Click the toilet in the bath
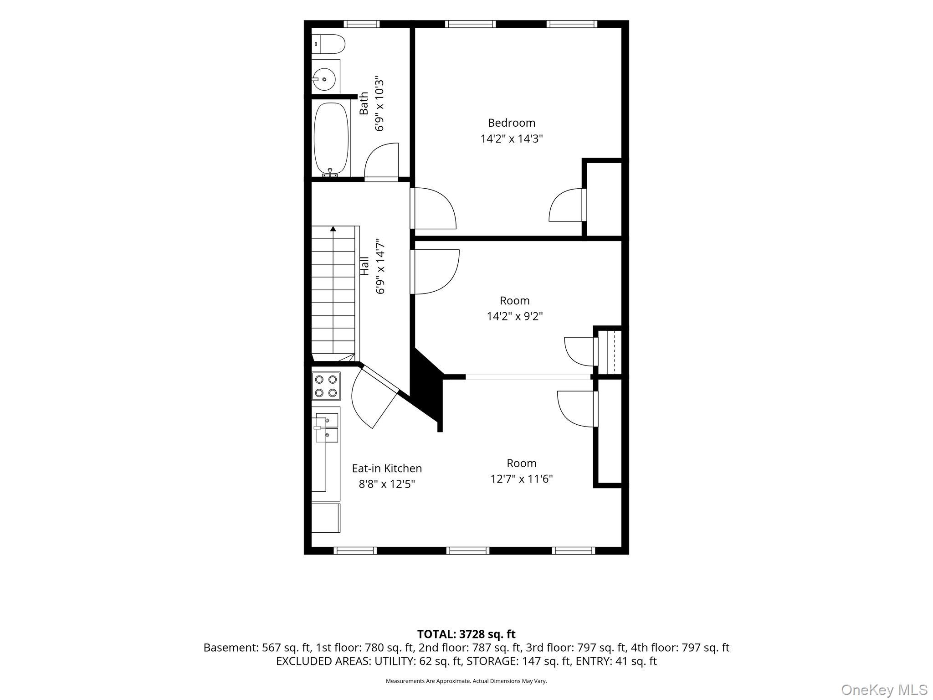click(x=328, y=44)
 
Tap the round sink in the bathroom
click(x=324, y=80)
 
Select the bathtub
click(x=331, y=139)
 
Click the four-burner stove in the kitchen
click(x=326, y=386)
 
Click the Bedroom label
click(x=511, y=123)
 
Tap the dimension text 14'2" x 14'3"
click(x=512, y=139)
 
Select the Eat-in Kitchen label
click(x=387, y=468)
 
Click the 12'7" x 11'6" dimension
click(x=522, y=479)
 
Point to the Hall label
click(x=364, y=266)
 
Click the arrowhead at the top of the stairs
click(x=333, y=229)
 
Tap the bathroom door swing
click(x=381, y=162)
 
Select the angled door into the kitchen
click(x=375, y=396)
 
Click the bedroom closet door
click(x=567, y=205)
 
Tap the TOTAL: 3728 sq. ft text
click(x=466, y=634)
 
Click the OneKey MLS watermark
click(x=884, y=690)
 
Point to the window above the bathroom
click(x=361, y=24)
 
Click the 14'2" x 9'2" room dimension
click(x=515, y=316)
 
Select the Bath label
click(x=364, y=103)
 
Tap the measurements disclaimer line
click(x=466, y=681)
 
